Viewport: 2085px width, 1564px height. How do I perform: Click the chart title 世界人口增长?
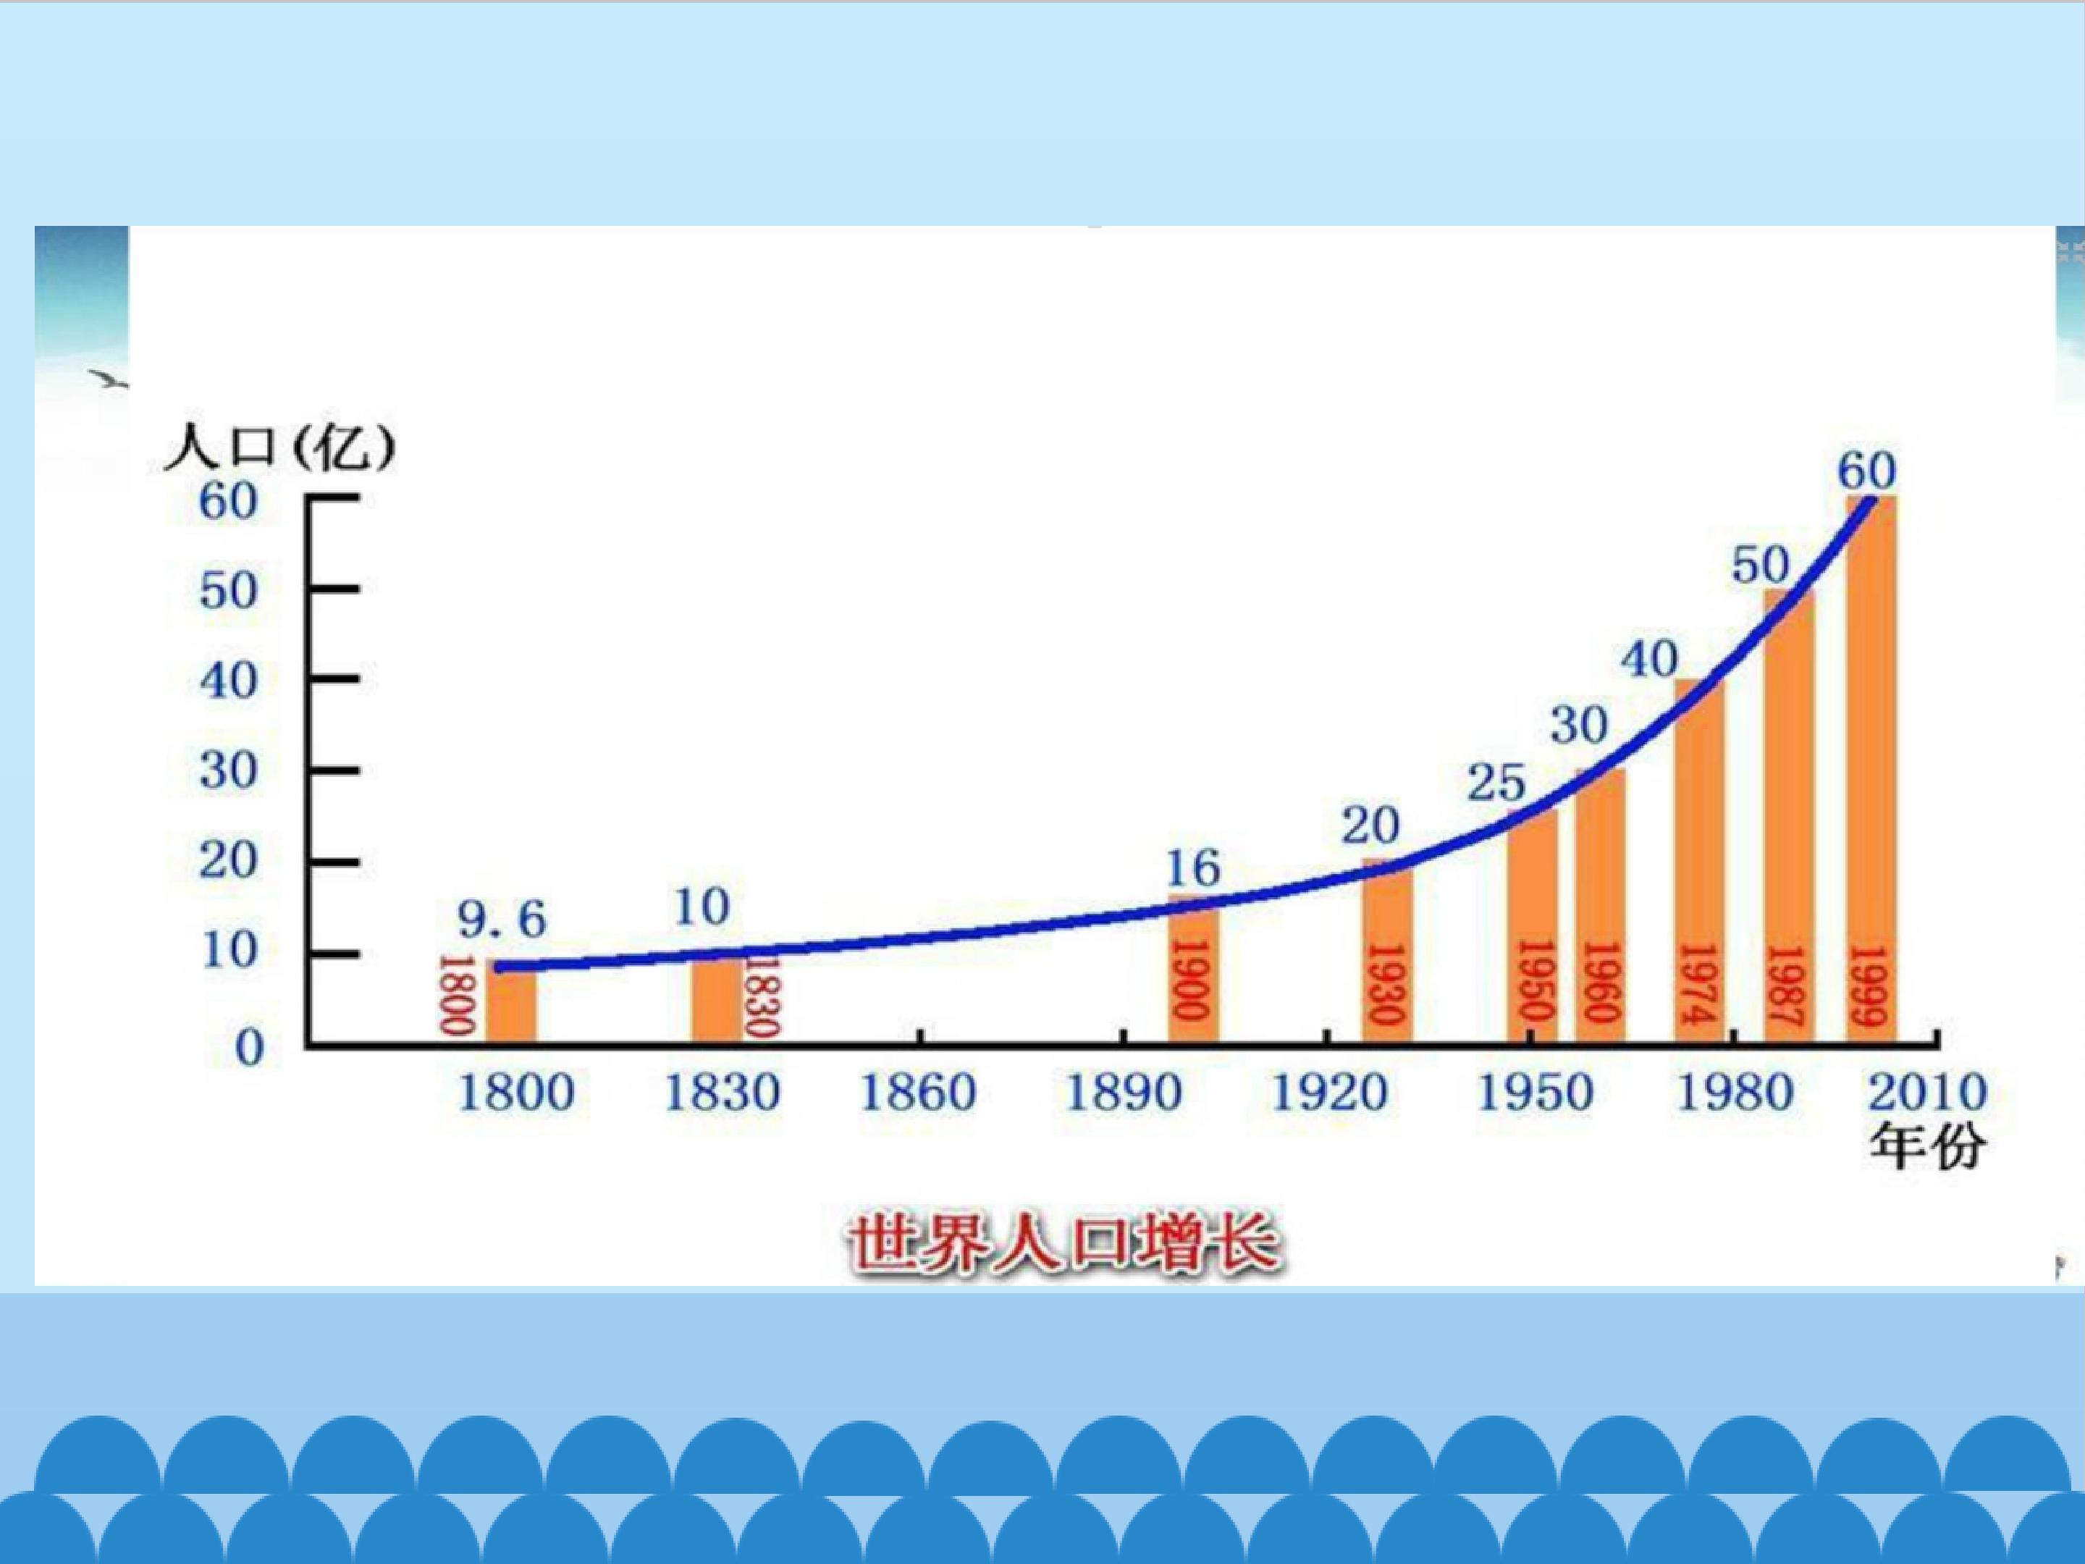pyautogui.click(x=1064, y=1243)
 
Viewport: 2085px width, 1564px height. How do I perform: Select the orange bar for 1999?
pyautogui.click(x=1871, y=769)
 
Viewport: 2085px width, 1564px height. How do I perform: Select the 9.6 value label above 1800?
pyautogui.click(x=502, y=919)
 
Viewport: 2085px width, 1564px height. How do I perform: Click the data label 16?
pyautogui.click(x=1193, y=868)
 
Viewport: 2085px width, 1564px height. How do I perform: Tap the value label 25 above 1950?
pyautogui.click(x=1496, y=783)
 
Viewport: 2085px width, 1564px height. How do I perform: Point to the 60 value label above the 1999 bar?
pyautogui.click(x=1867, y=471)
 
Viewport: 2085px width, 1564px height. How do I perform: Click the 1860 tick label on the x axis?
pyautogui.click(x=918, y=1093)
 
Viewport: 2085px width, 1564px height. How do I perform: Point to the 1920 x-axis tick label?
pyautogui.click(x=1329, y=1093)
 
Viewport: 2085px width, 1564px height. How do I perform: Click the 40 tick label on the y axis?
pyautogui.click(x=228, y=681)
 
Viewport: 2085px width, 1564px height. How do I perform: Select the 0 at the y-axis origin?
pyautogui.click(x=249, y=1048)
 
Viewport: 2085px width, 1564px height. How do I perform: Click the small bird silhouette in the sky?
pyautogui.click(x=109, y=380)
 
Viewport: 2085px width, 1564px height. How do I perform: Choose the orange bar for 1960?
pyautogui.click(x=1599, y=906)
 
